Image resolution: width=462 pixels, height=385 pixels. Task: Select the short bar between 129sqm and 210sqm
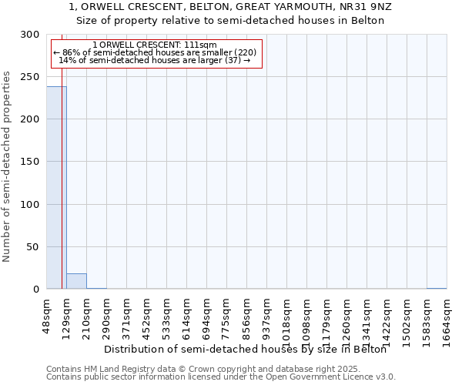click(x=76, y=281)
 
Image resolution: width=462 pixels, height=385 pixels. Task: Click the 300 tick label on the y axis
click(x=30, y=35)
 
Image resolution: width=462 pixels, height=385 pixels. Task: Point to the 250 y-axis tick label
click(x=30, y=77)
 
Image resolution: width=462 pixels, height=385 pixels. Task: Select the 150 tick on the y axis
click(x=30, y=162)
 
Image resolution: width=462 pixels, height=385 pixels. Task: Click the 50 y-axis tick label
click(x=33, y=246)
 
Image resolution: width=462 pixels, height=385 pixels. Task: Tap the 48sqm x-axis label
click(x=46, y=314)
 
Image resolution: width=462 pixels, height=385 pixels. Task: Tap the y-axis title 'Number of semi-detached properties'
click(x=7, y=166)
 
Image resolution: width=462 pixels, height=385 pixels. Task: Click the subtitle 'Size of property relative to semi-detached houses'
click(x=231, y=20)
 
